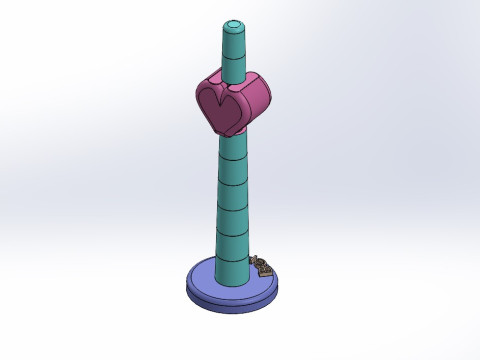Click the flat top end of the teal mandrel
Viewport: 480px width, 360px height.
[x=232, y=22]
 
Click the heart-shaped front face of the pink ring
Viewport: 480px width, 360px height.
[x=221, y=107]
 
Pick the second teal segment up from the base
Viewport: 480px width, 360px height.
[x=232, y=244]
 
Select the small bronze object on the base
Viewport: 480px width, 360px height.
[x=264, y=267]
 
